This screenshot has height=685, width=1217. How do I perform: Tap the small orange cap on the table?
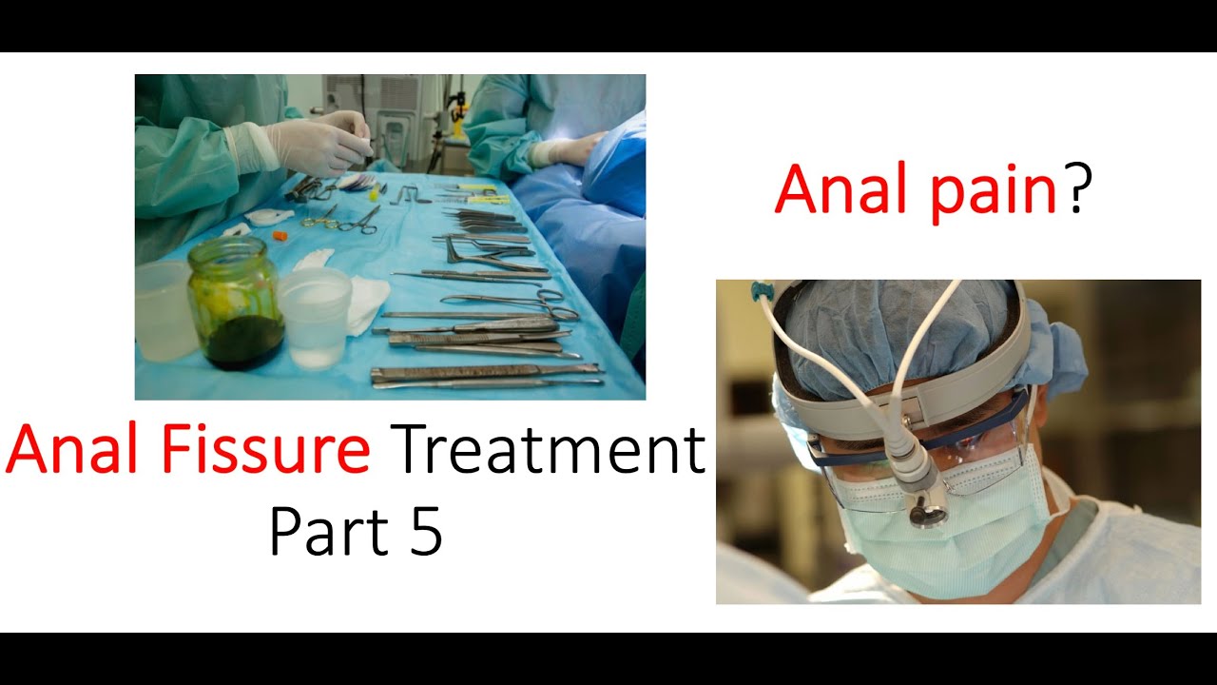(280, 234)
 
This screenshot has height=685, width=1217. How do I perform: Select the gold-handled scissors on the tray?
(320, 222)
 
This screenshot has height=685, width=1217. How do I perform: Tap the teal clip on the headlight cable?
(761, 290)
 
